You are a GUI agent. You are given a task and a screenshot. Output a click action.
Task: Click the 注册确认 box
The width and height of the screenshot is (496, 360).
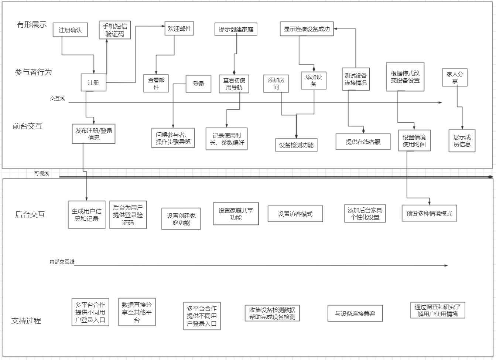click(70, 30)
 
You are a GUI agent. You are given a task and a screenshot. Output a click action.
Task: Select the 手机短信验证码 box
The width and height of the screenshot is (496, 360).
click(115, 30)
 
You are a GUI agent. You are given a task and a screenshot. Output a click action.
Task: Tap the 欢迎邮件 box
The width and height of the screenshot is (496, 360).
click(179, 29)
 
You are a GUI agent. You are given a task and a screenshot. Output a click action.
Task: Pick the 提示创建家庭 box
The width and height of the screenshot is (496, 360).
click(236, 29)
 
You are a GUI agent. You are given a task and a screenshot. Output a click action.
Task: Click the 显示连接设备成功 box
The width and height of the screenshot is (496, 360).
click(307, 29)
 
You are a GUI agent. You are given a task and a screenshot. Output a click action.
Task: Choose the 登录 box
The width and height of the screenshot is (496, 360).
click(199, 84)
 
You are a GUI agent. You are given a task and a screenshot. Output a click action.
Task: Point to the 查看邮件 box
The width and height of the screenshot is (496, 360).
click(156, 83)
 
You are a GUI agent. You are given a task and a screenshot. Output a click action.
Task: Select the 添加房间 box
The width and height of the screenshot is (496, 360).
click(276, 83)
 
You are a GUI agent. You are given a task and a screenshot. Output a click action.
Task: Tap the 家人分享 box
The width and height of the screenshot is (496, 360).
click(455, 77)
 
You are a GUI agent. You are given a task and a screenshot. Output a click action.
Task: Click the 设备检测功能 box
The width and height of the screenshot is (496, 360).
click(296, 145)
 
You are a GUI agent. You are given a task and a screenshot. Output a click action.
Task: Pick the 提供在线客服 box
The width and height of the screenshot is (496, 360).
click(363, 142)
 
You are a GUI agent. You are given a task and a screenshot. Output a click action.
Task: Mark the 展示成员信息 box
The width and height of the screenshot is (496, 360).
click(462, 140)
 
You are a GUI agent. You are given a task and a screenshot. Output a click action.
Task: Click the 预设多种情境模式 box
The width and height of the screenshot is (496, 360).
click(429, 213)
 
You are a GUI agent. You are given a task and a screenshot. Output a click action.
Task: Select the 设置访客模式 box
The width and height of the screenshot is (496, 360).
click(295, 214)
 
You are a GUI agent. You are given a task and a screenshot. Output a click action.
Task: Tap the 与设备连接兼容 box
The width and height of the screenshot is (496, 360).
click(355, 313)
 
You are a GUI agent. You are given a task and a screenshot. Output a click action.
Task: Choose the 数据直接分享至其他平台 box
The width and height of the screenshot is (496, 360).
click(137, 312)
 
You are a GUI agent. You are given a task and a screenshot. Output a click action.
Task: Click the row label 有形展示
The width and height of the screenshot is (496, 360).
click(32, 25)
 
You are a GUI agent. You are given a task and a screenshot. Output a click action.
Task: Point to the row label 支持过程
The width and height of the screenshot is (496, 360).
click(26, 320)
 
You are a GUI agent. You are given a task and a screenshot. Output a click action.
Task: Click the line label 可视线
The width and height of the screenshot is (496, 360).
click(42, 173)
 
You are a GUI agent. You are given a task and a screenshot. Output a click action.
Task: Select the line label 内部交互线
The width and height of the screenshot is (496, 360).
click(62, 262)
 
